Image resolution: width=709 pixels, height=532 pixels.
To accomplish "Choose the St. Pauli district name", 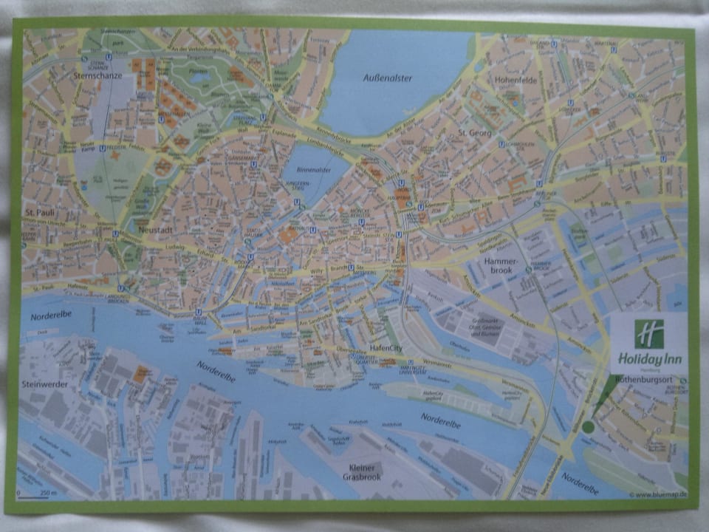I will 36,214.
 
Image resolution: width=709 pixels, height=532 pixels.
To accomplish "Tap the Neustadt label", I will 154,230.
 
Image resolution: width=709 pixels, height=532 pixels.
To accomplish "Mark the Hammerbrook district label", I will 504,267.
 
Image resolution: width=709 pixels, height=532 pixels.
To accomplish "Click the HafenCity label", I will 386,349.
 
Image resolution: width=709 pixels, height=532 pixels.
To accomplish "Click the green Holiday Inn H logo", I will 648,333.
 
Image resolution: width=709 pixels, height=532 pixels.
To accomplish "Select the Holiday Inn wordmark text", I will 648,360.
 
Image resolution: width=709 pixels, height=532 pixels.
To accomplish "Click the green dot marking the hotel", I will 588,427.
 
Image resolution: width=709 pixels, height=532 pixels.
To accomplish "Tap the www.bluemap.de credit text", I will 658,494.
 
